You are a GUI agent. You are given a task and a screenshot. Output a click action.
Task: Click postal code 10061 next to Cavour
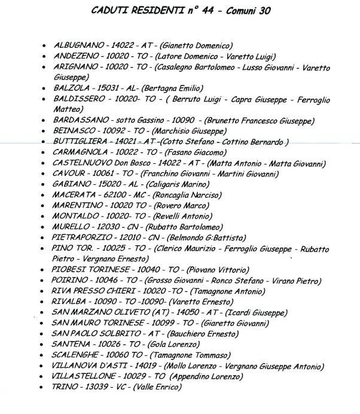click(x=103, y=174)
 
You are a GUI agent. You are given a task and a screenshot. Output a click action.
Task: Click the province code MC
click(x=139, y=196)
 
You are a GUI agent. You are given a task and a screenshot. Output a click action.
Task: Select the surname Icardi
click(x=240, y=313)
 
